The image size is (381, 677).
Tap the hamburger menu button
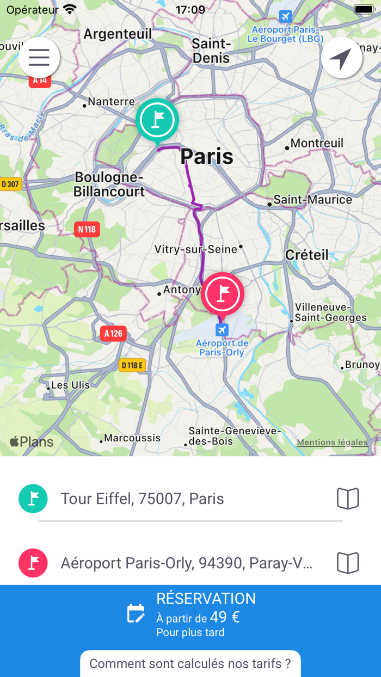pyautogui.click(x=39, y=58)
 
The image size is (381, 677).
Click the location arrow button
pyautogui.click(x=342, y=58)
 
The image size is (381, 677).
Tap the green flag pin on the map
pyautogui.click(x=157, y=120)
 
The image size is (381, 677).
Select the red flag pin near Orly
pyautogui.click(x=223, y=294)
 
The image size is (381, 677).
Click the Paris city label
pyautogui.click(x=207, y=157)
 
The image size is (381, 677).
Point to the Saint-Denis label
pyautogui.click(x=212, y=50)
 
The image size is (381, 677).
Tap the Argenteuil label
pyautogui.click(x=118, y=34)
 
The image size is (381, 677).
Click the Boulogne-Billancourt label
pyautogui.click(x=109, y=184)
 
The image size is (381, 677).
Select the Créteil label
pyautogui.click(x=307, y=255)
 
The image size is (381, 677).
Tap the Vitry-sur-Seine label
pyautogui.click(x=196, y=249)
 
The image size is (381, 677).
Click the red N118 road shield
pyautogui.click(x=87, y=229)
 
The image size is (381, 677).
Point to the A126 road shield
pyautogui.click(x=113, y=334)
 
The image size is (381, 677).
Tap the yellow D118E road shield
pyautogui.click(x=132, y=365)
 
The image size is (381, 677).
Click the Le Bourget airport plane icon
pyautogui.click(x=285, y=16)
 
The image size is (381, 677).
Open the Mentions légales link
pyautogui.click(x=332, y=442)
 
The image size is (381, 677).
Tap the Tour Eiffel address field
pyautogui.click(x=190, y=498)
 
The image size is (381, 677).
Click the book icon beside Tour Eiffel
pyautogui.click(x=348, y=498)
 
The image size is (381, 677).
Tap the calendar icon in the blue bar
pyautogui.click(x=136, y=613)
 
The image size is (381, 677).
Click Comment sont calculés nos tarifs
pyautogui.click(x=190, y=663)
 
